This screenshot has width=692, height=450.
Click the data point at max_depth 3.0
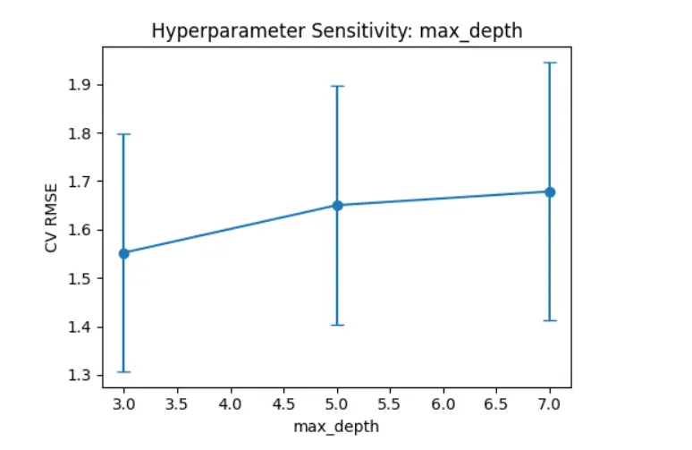pos(124,253)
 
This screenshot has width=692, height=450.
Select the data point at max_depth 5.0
pos(338,205)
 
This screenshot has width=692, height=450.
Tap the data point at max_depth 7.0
pos(550,191)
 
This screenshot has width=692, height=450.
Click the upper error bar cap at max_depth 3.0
pos(124,134)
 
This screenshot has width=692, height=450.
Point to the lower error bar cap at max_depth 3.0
pos(124,371)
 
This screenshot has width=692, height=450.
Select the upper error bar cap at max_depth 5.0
pos(338,86)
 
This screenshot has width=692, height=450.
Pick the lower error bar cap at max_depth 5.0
pos(338,325)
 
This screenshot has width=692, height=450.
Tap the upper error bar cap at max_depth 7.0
pos(550,63)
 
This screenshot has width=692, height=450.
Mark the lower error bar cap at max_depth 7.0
pos(550,320)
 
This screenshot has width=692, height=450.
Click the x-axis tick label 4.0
pos(231,405)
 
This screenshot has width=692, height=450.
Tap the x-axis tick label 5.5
pos(390,405)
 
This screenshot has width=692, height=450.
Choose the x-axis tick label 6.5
pos(496,405)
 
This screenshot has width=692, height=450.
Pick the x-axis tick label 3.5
pos(177,405)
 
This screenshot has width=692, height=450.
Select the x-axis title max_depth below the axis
pos(336,427)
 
